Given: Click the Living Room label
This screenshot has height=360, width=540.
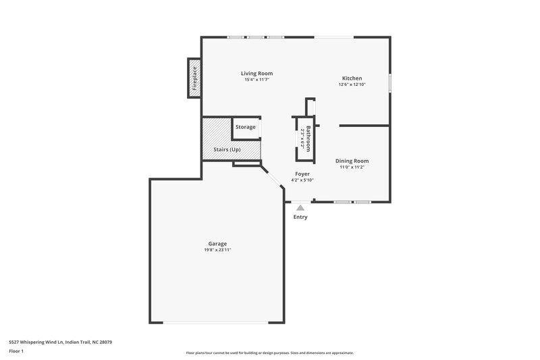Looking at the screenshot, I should point(256,74).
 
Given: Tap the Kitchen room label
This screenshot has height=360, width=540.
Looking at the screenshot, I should point(352,78).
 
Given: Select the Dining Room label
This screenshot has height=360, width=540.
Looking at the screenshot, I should point(353,161).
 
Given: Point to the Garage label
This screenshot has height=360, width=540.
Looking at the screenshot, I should point(217,244).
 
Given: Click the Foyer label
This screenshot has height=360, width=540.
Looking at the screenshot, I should point(302,174).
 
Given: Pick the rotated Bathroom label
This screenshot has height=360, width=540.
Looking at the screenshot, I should point(308,138).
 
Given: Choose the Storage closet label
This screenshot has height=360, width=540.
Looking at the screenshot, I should point(246,127).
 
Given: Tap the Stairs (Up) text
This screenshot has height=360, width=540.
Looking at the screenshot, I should point(227,149).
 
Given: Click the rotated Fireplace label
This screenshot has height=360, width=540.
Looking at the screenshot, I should point(194,78).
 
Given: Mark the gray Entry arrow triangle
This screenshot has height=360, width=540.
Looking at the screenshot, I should point(300,208).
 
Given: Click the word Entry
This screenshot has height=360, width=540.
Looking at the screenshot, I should point(300,217).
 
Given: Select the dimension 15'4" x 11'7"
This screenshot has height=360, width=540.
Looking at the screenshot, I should point(256,80).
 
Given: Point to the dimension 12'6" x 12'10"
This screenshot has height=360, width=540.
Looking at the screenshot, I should point(352,84).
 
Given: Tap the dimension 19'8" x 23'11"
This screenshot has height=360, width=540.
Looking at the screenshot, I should point(217,250).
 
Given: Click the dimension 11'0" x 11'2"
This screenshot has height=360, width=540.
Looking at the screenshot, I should point(353,167).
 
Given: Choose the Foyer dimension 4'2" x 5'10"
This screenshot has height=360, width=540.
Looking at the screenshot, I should point(302,180).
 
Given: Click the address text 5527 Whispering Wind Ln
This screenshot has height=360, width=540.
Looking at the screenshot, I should point(60,342).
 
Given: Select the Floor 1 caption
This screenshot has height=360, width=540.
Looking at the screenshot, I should point(17,352).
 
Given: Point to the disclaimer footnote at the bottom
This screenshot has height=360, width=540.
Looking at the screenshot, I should point(269,353).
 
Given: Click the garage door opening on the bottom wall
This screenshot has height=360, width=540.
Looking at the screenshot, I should point(216,322).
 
